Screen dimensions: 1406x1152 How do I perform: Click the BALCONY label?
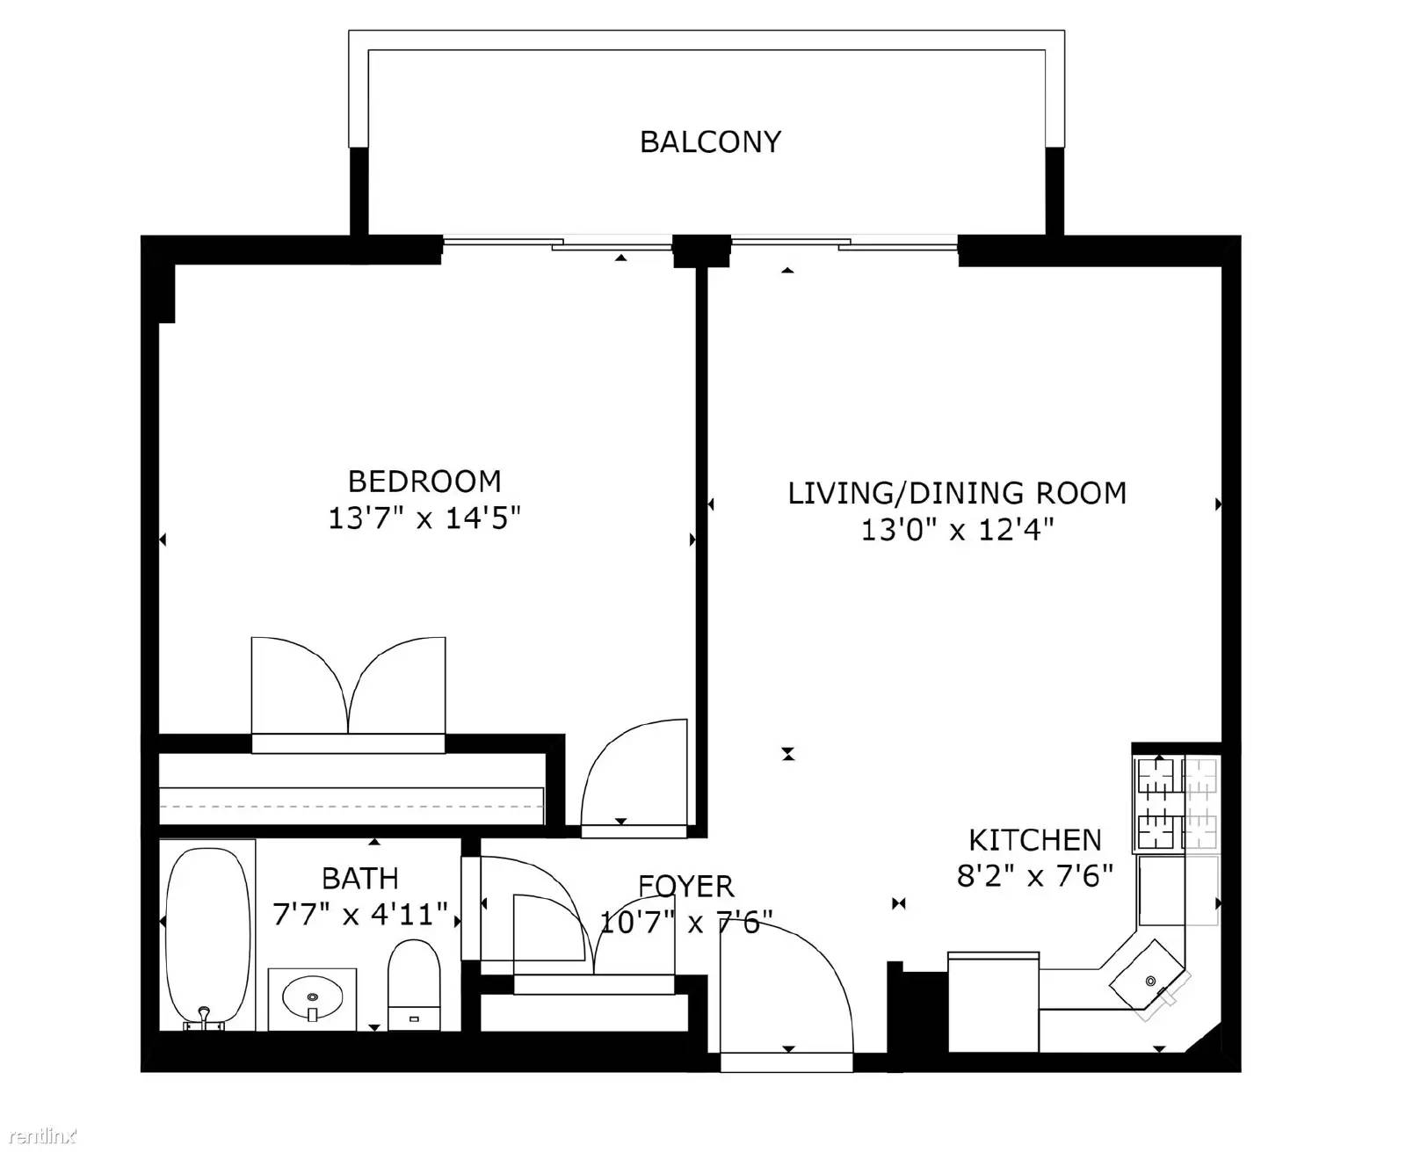[x=710, y=142]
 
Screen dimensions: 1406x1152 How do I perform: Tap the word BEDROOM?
[x=424, y=482]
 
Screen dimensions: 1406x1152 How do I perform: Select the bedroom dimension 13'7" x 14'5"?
[x=424, y=518]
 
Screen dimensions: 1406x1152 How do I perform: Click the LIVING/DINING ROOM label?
[x=957, y=493]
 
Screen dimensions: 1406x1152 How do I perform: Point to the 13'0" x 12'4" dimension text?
[x=957, y=530]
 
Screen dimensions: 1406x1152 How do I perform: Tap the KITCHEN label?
[x=1034, y=840]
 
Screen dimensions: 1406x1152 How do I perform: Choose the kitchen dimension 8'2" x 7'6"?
[x=1034, y=876]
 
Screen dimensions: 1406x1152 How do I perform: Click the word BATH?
[x=360, y=879]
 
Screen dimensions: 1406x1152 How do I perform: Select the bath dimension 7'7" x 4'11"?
[x=360, y=914]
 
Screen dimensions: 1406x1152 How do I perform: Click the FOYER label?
[x=686, y=887]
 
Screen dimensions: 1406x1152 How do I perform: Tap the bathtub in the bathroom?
[x=207, y=936]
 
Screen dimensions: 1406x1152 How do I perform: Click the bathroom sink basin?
[x=313, y=997]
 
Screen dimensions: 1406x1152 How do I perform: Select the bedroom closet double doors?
[x=348, y=685]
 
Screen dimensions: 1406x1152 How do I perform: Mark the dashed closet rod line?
[x=351, y=807]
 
